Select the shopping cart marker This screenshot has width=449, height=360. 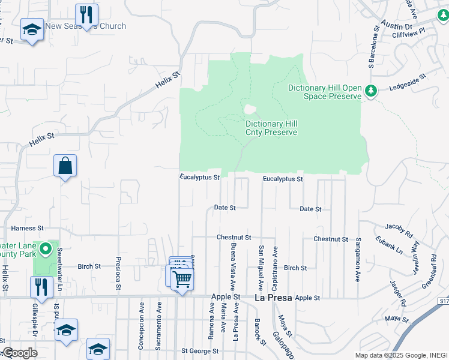tap(182, 279)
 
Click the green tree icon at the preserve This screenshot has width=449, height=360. tap(372, 91)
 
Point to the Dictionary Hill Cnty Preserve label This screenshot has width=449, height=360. tap(271, 128)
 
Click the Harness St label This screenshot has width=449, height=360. tap(28, 229)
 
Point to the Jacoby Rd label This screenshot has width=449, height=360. tap(399, 230)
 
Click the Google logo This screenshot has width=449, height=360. tap(20, 352)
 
